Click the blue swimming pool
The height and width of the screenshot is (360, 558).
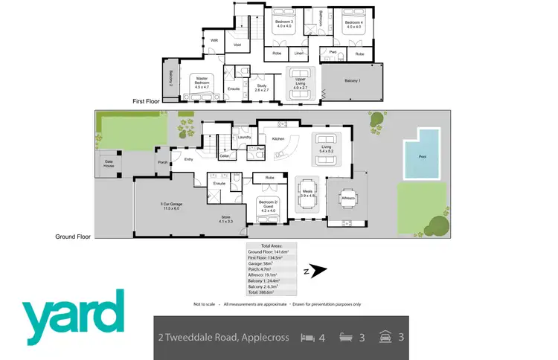point(420,155)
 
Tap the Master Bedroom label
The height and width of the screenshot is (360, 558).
point(202,80)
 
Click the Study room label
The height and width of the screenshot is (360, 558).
point(261,88)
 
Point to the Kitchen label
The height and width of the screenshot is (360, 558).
point(278,139)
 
